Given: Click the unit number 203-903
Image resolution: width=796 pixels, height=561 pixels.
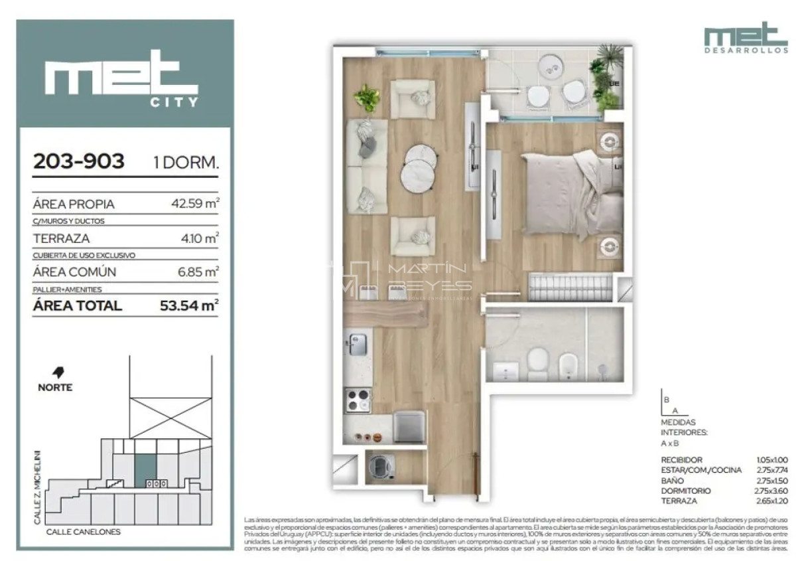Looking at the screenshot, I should [x=79, y=161].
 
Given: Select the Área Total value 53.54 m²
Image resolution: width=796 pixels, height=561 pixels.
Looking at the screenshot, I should [x=189, y=306].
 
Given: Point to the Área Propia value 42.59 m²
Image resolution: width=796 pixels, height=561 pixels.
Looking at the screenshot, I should [x=195, y=204].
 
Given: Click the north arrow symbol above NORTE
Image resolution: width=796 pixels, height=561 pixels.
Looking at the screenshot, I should [x=65, y=372].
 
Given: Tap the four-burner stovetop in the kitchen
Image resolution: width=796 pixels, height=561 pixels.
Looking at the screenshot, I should [x=359, y=401].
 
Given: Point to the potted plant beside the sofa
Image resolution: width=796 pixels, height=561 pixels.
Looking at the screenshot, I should [x=366, y=99].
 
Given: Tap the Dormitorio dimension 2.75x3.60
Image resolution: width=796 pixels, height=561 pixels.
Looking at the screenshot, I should [x=769, y=491].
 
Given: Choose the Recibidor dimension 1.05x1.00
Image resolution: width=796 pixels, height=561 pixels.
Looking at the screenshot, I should [x=769, y=460].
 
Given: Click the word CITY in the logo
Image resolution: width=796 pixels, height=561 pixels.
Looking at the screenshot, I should [x=174, y=102].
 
